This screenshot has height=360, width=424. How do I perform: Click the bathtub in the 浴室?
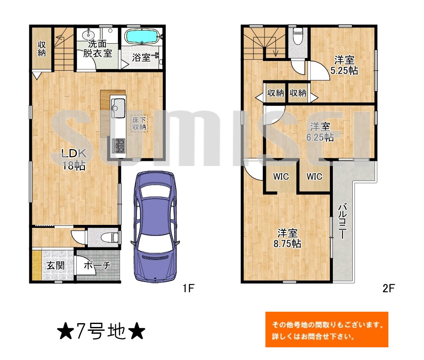pyautogui.click(x=142, y=37)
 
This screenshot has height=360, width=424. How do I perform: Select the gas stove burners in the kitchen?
pyautogui.click(x=118, y=145)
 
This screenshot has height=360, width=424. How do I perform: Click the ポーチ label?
pyautogui.click(x=97, y=266)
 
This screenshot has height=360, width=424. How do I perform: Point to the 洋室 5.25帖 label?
pyautogui.click(x=344, y=65)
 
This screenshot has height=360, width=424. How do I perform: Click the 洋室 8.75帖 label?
pyautogui.click(x=289, y=238)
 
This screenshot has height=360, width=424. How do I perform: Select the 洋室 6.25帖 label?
pyautogui.click(x=320, y=131)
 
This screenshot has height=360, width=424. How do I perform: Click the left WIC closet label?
pyautogui.click(x=281, y=177)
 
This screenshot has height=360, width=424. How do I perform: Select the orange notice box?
pyautogui.click(x=326, y=330)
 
